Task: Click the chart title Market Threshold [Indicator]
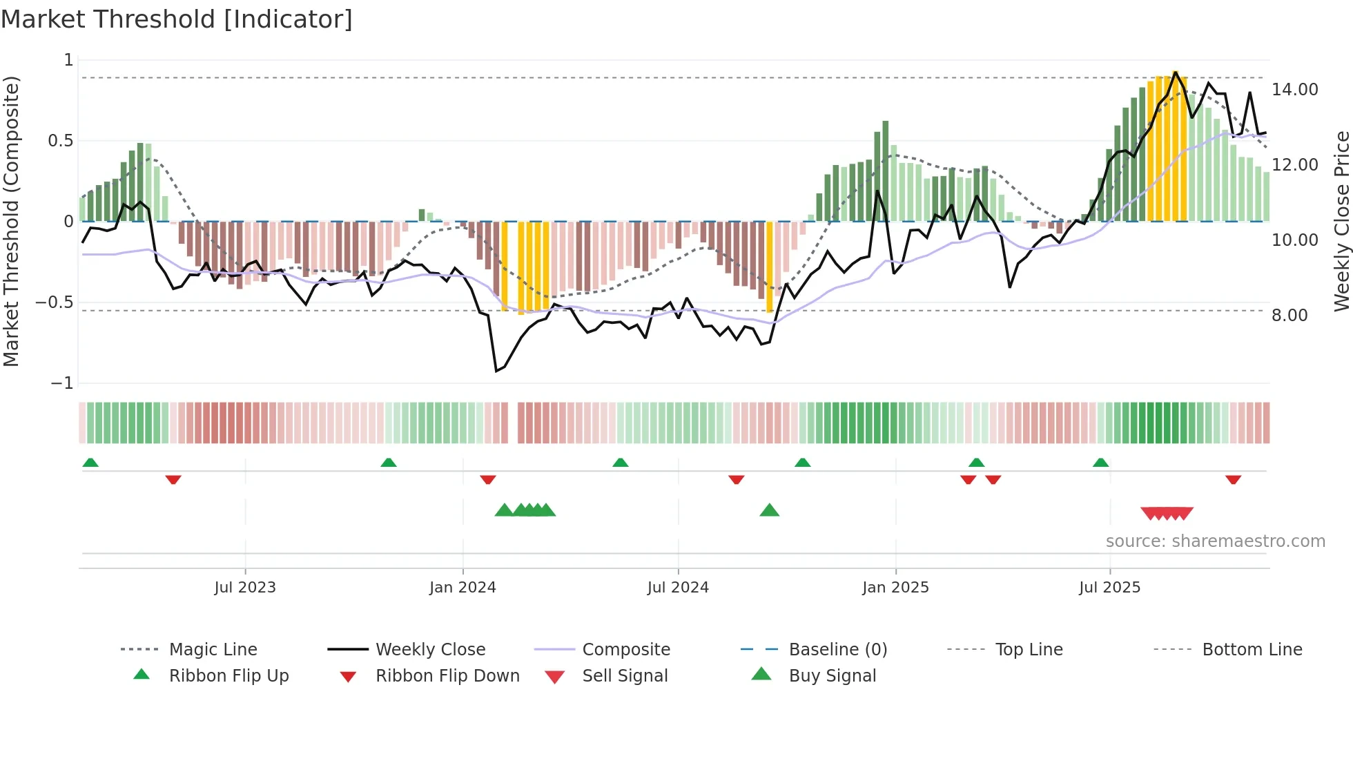tap(177, 19)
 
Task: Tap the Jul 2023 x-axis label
tap(244, 588)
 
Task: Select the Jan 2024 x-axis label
tap(463, 588)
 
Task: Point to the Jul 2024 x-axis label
tap(678, 588)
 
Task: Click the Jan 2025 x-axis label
tap(895, 588)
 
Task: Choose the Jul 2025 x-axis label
tap(1109, 588)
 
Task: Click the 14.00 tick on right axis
tap(1294, 90)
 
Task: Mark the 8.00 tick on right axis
tap(1289, 316)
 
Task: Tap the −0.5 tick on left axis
tap(54, 302)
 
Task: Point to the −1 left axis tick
tap(61, 383)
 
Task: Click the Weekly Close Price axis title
tap(1341, 221)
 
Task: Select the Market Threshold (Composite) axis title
tap(11, 221)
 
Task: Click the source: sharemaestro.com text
tap(1215, 541)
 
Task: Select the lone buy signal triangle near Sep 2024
tap(769, 510)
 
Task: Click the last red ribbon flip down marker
tap(1233, 479)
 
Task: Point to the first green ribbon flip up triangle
tap(90, 463)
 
